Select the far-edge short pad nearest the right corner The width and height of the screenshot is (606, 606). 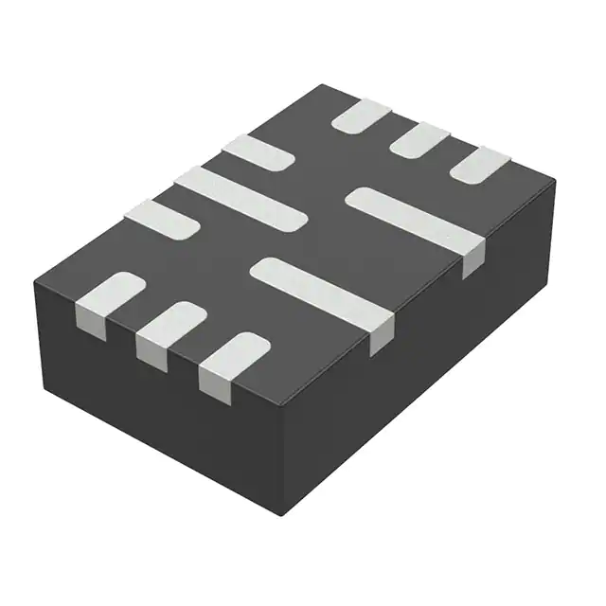[x=479, y=167]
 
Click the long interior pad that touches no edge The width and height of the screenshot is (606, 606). [x=241, y=196]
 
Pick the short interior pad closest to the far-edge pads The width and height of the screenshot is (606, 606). [x=258, y=152]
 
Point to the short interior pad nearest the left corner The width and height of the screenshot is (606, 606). [x=161, y=218]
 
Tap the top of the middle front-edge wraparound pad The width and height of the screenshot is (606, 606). [x=170, y=321]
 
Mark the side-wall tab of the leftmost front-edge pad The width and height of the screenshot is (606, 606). [x=90, y=320]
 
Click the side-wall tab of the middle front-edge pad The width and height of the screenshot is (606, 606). [x=151, y=349]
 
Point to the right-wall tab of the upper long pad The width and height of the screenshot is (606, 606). [x=473, y=258]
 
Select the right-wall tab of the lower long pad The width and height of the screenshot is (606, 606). [x=382, y=336]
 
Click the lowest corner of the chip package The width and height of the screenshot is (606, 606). [x=284, y=514]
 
